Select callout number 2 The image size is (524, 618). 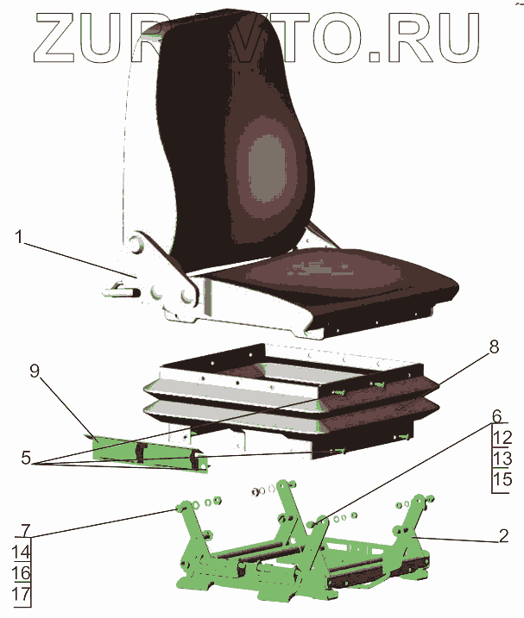point(503,536)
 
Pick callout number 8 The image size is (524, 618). point(494,347)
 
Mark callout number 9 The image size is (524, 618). point(35,371)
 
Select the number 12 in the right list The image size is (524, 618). point(503,438)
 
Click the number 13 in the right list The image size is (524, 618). point(503,458)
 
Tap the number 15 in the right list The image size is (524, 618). point(503,478)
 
